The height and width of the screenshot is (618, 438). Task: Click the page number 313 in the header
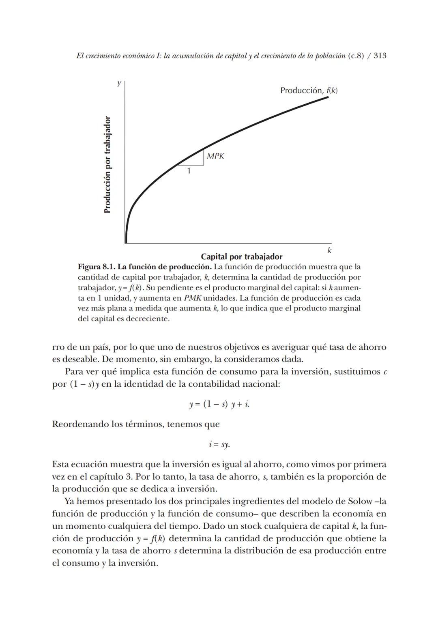pos(380,56)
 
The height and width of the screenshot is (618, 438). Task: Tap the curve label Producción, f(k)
pos(309,90)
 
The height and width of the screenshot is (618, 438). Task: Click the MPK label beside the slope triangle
pos(215,156)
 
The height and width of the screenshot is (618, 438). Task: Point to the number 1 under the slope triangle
pos(189,171)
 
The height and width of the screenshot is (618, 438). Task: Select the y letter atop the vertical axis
pos(119,83)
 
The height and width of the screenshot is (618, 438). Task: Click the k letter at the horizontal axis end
pos(329,251)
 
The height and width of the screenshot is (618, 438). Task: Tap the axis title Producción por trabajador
pos(107,164)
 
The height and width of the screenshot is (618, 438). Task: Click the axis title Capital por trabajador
pos(242,256)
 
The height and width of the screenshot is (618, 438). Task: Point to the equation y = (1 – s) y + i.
pos(219,404)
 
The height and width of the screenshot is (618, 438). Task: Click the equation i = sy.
pos(219,444)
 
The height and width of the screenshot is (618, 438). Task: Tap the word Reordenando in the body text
pos(80,424)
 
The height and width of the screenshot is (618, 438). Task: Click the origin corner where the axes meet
pos(126,243)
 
